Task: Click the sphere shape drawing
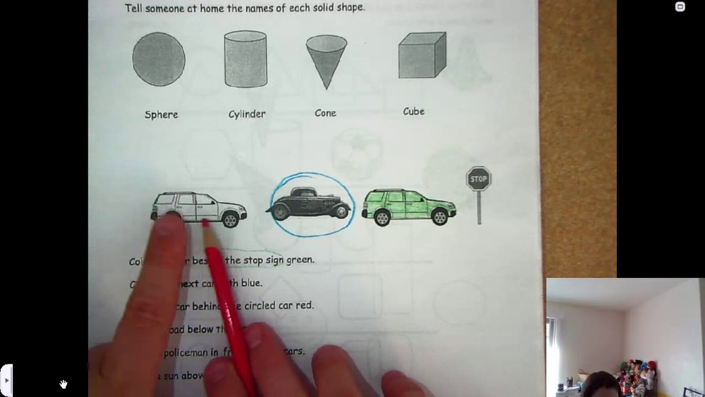[x=159, y=59]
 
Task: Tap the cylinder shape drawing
[x=246, y=59]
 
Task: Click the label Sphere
[x=161, y=115]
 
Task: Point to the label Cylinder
[x=247, y=114]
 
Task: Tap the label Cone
[x=325, y=113]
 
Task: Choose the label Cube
[x=414, y=111]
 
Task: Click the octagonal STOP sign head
[x=479, y=179]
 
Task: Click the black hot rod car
[x=310, y=204]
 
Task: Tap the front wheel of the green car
[x=440, y=217]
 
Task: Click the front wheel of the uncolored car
[x=230, y=219]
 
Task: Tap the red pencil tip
[x=205, y=223]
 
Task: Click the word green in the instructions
[x=300, y=260]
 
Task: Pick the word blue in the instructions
[x=252, y=283]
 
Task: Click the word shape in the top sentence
[x=334, y=8]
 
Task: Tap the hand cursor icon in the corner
[x=63, y=384]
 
